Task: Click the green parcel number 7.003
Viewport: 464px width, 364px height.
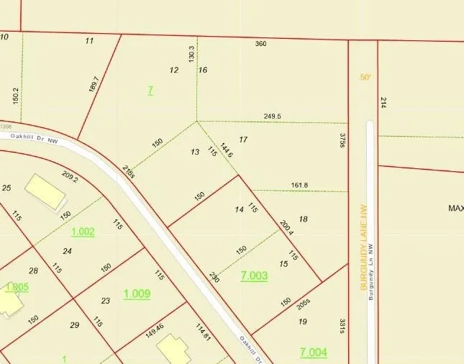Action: (x=255, y=276)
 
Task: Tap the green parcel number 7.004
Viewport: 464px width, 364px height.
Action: (x=313, y=352)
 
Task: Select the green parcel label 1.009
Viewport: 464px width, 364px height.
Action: (x=137, y=294)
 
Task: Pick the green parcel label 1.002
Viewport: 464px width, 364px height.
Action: (x=83, y=232)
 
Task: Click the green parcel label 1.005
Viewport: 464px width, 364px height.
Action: (x=17, y=287)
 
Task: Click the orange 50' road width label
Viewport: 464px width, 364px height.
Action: (x=365, y=77)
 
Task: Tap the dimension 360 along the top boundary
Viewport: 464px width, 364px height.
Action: (x=261, y=44)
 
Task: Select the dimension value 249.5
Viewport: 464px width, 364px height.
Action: (x=273, y=116)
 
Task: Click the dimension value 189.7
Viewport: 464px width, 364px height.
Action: (x=93, y=84)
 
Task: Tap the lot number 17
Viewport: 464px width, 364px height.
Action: (x=243, y=140)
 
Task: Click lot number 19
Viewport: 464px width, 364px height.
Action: (x=302, y=322)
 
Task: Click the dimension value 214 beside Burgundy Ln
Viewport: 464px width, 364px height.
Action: (x=383, y=103)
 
